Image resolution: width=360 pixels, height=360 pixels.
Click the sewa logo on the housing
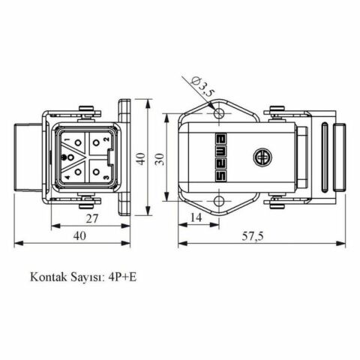(222, 159)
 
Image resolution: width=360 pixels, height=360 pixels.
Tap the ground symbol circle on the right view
(262, 159)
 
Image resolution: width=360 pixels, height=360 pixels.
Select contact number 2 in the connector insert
(106, 139)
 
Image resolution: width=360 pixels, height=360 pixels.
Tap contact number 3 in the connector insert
(106, 177)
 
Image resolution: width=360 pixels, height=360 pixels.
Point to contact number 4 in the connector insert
(67, 177)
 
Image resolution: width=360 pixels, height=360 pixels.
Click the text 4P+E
(123, 277)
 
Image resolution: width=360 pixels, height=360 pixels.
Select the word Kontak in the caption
(47, 277)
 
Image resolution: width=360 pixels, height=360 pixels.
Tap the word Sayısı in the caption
(85, 277)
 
